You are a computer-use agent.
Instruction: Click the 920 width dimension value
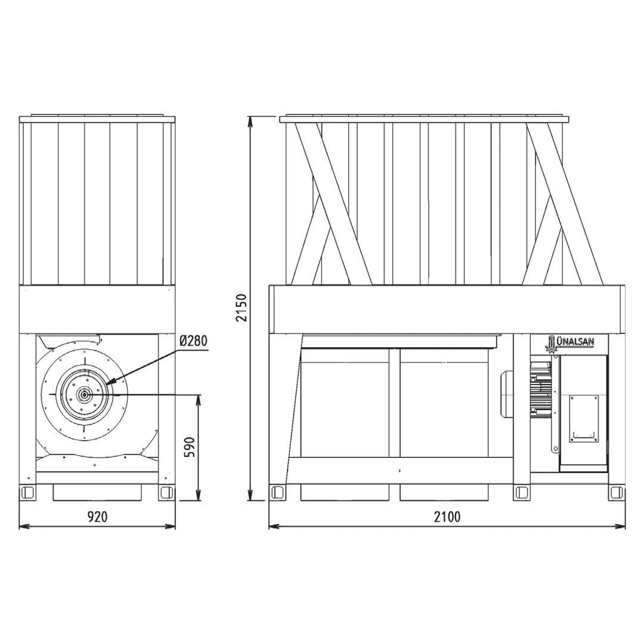pyautogui.click(x=98, y=516)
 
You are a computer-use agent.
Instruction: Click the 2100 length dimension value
pyautogui.click(x=447, y=516)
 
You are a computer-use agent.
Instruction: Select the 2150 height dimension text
pyautogui.click(x=242, y=308)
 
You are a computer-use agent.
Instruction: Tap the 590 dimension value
pyautogui.click(x=189, y=447)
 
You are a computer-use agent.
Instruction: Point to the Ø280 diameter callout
pyautogui.click(x=193, y=340)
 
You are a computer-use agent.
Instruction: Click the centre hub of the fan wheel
pyautogui.click(x=84, y=394)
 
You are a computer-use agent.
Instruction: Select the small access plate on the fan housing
pyautogui.click(x=584, y=419)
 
